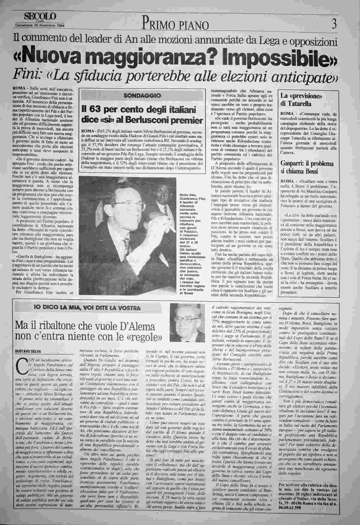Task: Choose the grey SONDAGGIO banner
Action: click(x=142, y=96)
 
